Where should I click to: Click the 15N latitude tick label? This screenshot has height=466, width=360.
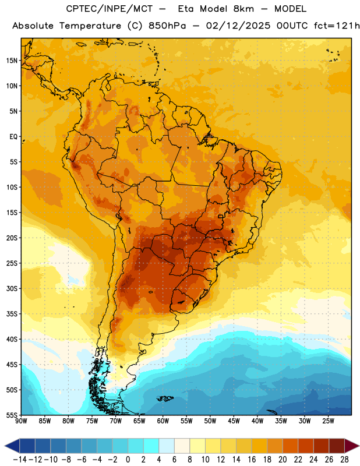tap(12, 61)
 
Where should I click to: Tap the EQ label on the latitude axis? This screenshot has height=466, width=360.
tap(13, 137)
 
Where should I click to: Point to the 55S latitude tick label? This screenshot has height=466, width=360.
tap(12, 415)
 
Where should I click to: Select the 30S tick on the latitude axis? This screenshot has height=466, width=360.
tap(12, 288)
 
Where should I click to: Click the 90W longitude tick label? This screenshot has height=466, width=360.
tap(21, 421)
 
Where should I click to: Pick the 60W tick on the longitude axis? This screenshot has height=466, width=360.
tap(163, 421)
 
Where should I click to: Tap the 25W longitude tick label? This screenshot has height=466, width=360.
tap(328, 421)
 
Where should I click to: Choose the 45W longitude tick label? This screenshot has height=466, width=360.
tap(234, 421)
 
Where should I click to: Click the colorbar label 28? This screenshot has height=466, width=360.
tap(344, 460)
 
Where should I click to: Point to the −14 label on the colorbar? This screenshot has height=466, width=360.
tap(20, 460)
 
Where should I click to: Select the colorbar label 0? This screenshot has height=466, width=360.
tap(128, 460)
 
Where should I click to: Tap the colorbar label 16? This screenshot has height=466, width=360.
tap(252, 460)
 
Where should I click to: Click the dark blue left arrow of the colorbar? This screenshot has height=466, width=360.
tap(12, 446)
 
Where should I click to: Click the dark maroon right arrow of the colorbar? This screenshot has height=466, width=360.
tap(352, 446)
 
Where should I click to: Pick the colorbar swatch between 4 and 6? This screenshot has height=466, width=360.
tap(167, 446)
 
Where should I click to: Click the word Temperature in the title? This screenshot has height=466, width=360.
tap(90, 26)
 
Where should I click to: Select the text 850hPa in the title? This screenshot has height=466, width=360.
tap(167, 26)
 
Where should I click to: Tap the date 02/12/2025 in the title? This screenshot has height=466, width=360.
tap(238, 26)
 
